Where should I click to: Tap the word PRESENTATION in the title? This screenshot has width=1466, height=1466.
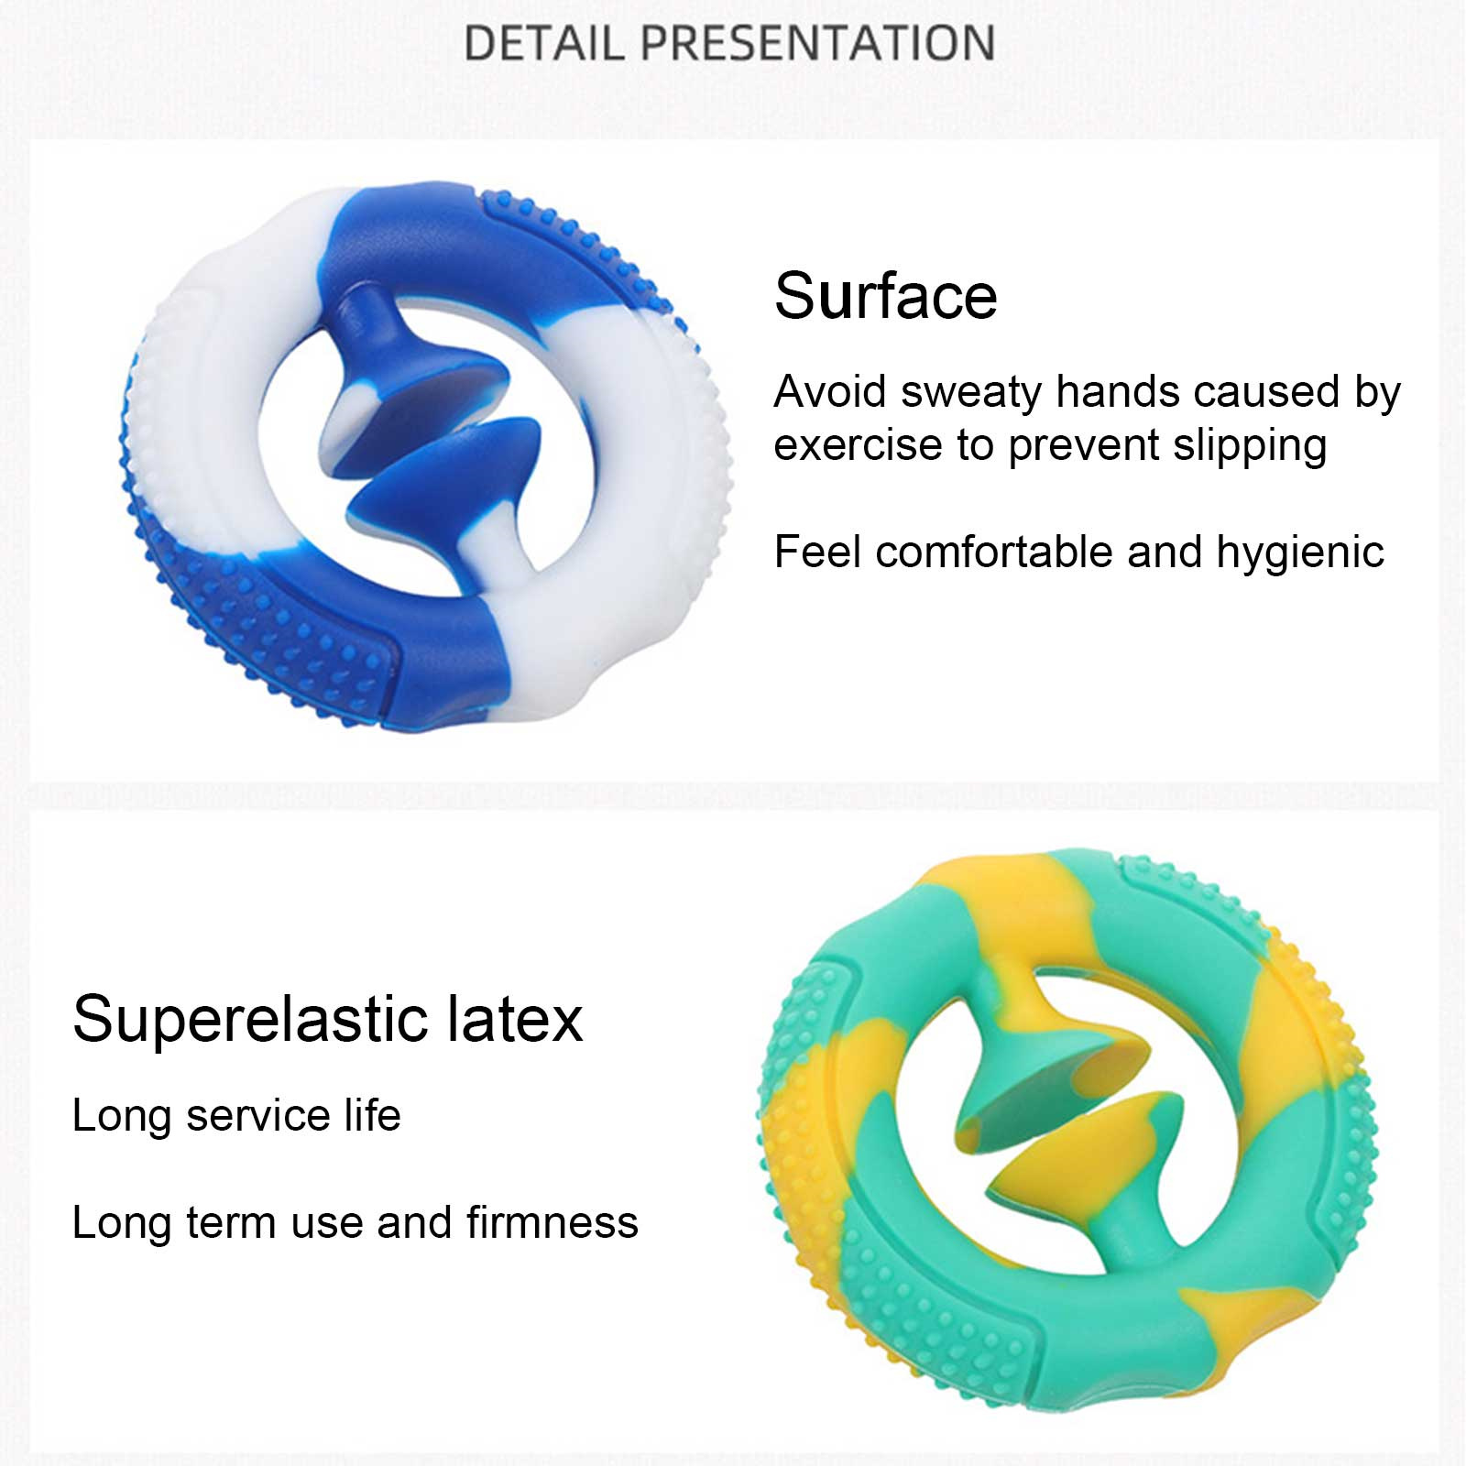(x=817, y=43)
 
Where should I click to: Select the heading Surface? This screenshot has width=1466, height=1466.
(x=885, y=295)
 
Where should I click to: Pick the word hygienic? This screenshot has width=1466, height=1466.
(x=1300, y=552)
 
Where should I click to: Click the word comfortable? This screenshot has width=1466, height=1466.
(x=994, y=552)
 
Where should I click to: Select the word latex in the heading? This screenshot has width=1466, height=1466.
(x=515, y=1018)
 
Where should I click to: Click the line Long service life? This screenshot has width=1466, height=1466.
(x=236, y=1115)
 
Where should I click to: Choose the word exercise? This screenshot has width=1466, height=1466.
(x=858, y=445)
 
